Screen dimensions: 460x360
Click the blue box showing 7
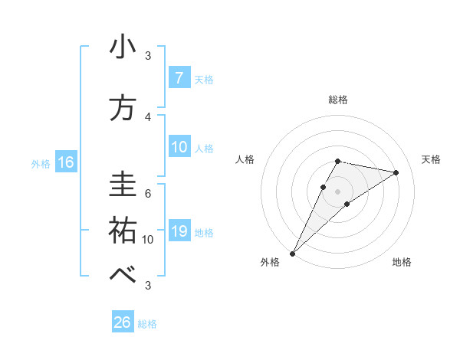tap(179, 78)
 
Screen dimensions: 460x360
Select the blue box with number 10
tap(179, 147)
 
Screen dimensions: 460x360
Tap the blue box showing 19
tap(179, 231)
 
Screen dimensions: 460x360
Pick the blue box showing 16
tap(65, 162)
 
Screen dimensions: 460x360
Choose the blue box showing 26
tap(122, 322)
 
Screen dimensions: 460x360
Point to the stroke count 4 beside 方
tap(148, 116)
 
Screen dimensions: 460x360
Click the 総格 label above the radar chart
tap(338, 100)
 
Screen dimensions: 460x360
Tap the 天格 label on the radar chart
tap(432, 159)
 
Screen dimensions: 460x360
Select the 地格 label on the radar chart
tap(402, 262)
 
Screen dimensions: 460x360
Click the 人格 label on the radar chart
tap(245, 159)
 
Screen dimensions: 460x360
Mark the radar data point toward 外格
tap(292, 253)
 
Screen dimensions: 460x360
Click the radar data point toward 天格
tap(396, 172)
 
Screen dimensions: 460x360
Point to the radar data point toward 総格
tap(338, 161)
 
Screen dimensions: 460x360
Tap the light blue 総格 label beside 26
tap(147, 324)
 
